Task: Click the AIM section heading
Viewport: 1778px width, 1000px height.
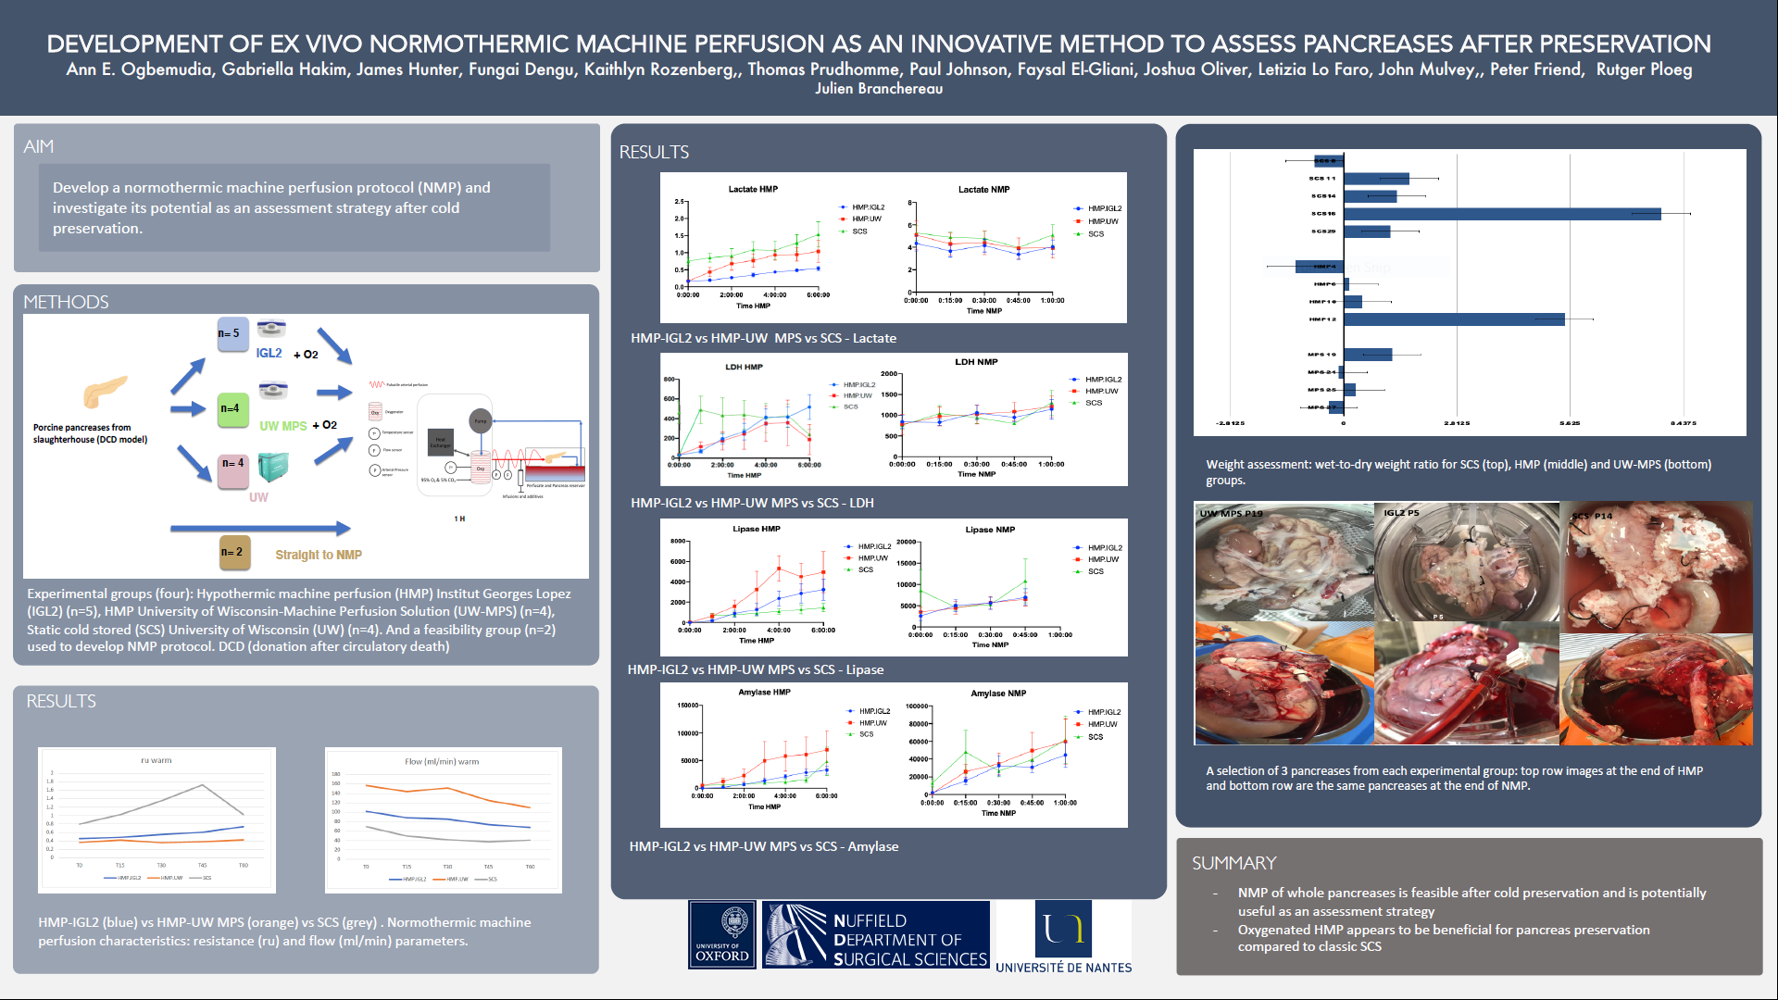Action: [x=39, y=146]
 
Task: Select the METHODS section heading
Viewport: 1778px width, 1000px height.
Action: [x=66, y=302]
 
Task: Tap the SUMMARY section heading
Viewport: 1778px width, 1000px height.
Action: [x=1233, y=863]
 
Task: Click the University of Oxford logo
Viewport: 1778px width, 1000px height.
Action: [x=722, y=935]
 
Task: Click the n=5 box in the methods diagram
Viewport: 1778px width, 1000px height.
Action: [x=232, y=334]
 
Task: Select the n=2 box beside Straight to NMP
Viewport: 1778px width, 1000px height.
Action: [x=233, y=552]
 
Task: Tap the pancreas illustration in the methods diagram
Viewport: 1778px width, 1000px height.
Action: [x=105, y=391]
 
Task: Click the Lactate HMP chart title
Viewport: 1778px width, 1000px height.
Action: [x=753, y=189]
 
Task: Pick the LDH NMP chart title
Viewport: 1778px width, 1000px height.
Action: [x=976, y=362]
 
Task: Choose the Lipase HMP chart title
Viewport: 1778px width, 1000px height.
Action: [x=757, y=529]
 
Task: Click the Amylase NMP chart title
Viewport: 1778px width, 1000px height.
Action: [x=998, y=694]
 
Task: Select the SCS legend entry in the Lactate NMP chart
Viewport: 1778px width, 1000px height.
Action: [x=1096, y=234]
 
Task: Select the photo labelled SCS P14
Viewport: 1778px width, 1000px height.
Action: [x=1656, y=567]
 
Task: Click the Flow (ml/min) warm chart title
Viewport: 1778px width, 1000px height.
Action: [x=442, y=762]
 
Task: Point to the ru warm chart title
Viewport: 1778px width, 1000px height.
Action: [x=156, y=760]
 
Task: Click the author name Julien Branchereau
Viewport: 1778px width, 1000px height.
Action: [x=879, y=89]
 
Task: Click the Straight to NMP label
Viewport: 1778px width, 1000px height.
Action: [x=319, y=555]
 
